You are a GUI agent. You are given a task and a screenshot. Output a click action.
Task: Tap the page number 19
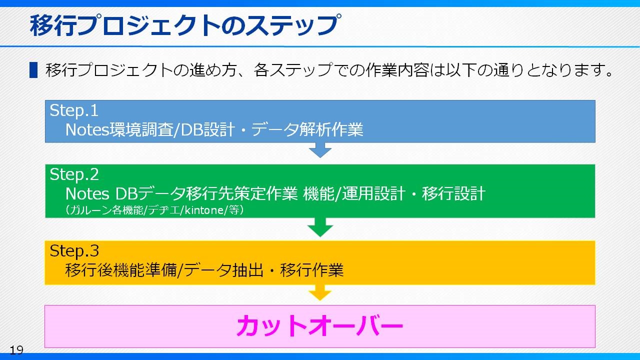pos(16,350)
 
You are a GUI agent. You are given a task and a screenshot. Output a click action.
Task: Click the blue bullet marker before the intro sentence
pos(33,70)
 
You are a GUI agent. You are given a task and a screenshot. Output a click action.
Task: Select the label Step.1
pos(74,110)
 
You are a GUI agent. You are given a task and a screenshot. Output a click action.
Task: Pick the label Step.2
pos(74,174)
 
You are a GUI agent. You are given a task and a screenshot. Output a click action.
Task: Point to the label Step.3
pos(74,251)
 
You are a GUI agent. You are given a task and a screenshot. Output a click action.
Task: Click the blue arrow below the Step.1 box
pos(320,150)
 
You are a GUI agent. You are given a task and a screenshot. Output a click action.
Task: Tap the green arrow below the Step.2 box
pos(320,227)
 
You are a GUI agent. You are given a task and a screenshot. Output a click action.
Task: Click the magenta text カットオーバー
pos(319,325)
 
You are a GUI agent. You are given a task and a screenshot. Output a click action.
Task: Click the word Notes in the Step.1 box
pos(87,129)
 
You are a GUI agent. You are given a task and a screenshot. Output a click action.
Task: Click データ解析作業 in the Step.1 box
pos(307,129)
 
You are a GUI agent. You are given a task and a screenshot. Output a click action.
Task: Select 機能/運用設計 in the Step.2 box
pos(354,193)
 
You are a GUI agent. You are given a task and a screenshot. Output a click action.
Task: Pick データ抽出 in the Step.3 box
pos(223,270)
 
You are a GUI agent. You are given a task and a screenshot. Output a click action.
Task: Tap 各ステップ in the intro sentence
pos(293,70)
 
